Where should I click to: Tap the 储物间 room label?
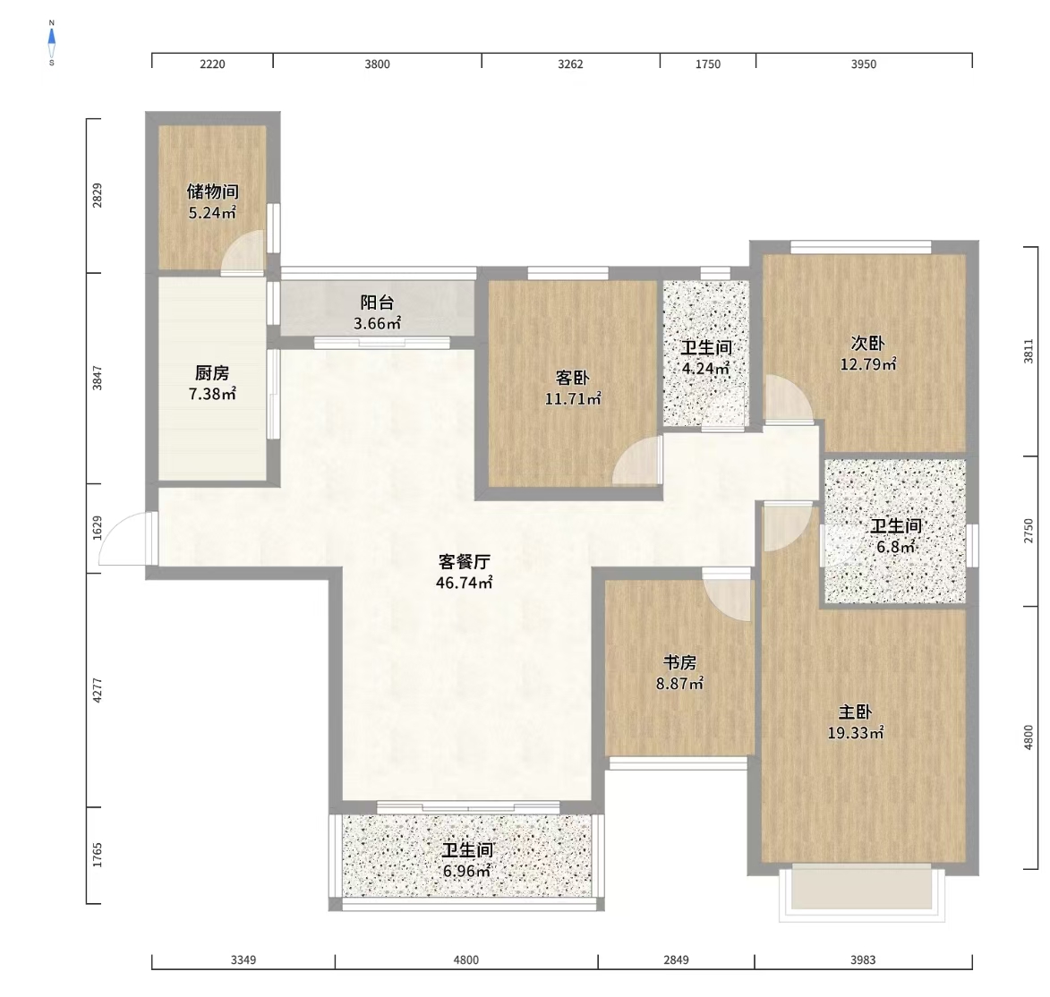coord(212,192)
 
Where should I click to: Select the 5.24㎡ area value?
coord(212,213)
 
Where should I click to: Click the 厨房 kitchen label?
coord(212,372)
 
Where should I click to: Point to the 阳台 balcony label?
coord(377,303)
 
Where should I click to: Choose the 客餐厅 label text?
coord(464,561)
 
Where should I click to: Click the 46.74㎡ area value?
coord(464,583)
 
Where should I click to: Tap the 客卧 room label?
coord(573,378)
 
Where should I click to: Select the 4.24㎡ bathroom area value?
coord(705,368)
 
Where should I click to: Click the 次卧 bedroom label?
coord(868,343)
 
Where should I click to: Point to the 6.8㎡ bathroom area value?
coord(896,547)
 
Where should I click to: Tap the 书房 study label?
coord(679,662)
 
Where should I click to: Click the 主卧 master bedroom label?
coord(855,712)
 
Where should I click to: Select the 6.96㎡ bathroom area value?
coord(466,871)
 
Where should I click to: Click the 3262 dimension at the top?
coord(570,64)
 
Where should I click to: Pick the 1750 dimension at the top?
coord(708,64)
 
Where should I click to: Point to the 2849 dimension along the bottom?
coord(677,959)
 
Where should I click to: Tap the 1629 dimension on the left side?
coord(98,528)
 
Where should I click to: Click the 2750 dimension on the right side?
coord(1029,531)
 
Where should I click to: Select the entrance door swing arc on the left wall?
coord(113,529)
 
